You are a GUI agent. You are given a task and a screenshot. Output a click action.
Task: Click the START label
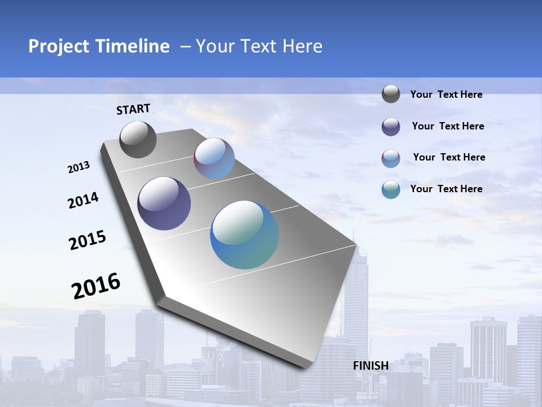pyautogui.click(x=133, y=109)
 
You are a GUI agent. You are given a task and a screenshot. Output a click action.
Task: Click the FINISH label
pyautogui.click(x=370, y=366)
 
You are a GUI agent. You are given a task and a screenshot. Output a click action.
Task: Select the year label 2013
pyautogui.click(x=78, y=167)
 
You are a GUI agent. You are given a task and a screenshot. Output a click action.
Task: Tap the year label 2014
pyautogui.click(x=83, y=201)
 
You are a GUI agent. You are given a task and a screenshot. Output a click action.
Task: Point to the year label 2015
pyautogui.click(x=87, y=240)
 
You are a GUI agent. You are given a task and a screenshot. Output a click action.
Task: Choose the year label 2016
pyautogui.click(x=96, y=285)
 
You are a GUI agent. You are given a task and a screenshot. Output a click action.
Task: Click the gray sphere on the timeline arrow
pyautogui.click(x=138, y=140)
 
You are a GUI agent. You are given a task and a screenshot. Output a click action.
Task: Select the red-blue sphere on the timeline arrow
pyautogui.click(x=214, y=158)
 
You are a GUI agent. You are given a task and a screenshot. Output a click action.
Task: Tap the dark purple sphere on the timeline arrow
pyautogui.click(x=164, y=203)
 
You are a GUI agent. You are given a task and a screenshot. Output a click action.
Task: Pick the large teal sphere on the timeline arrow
pyautogui.click(x=244, y=235)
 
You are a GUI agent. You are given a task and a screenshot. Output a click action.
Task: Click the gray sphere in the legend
pyautogui.click(x=391, y=94)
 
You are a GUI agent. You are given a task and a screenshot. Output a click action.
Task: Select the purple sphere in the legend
pyautogui.click(x=391, y=127)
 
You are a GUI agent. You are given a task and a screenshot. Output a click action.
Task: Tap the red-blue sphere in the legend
pyautogui.click(x=391, y=158)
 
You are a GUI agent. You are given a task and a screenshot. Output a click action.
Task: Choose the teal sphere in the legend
pyautogui.click(x=391, y=189)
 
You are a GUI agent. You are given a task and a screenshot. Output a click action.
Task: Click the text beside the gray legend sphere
pyautogui.click(x=446, y=94)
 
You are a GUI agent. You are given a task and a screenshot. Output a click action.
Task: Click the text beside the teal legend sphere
pyautogui.click(x=446, y=189)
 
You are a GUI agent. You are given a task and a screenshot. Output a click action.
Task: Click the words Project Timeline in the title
pyautogui.click(x=99, y=46)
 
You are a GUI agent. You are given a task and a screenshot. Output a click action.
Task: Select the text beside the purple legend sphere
pyautogui.click(x=448, y=126)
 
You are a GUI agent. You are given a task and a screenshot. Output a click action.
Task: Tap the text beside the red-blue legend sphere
pyautogui.click(x=449, y=157)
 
